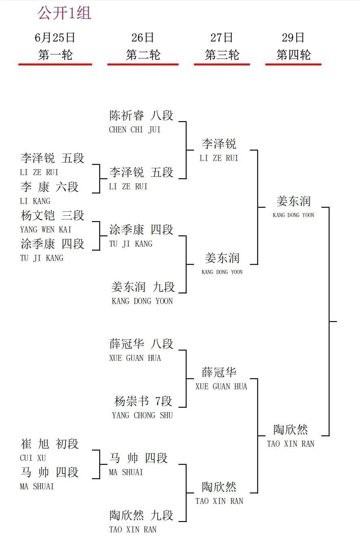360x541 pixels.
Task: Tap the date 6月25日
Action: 55,38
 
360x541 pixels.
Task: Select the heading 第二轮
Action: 143,55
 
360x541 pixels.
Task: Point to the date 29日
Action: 293,38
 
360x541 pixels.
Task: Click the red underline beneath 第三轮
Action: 222,65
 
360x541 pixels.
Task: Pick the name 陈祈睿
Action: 127,115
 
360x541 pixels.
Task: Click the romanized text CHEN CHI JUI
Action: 135,130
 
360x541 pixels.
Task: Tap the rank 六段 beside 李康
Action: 67,187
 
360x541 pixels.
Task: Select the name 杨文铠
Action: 38,215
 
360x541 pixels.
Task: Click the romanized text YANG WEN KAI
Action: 46,229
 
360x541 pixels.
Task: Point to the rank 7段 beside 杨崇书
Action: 164,402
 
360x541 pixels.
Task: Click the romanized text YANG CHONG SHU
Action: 142,415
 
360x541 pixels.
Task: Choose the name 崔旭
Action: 35,444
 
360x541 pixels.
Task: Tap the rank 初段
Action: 67,444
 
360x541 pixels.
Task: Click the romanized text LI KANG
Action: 35,201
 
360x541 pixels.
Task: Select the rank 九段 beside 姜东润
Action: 164,287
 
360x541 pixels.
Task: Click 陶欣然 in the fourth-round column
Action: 290,430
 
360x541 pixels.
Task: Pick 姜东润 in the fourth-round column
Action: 294,201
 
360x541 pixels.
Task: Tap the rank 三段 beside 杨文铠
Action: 73,215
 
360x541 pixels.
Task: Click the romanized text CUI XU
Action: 33,458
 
